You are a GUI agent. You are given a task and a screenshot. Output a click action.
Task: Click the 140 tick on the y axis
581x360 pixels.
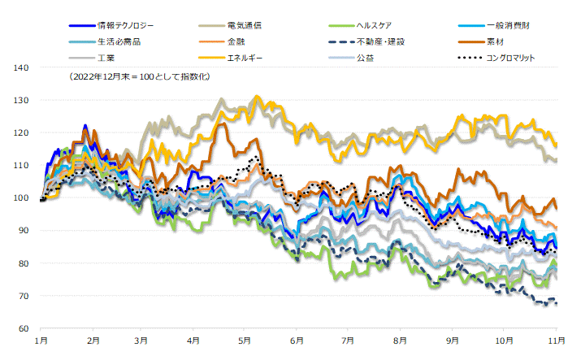(x=22, y=68)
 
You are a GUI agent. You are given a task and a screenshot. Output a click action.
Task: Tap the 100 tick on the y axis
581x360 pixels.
(x=22, y=198)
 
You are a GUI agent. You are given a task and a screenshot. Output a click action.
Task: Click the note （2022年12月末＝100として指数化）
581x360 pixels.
(x=141, y=77)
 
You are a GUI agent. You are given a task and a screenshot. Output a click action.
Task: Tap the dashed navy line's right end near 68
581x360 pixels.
(x=556, y=303)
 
